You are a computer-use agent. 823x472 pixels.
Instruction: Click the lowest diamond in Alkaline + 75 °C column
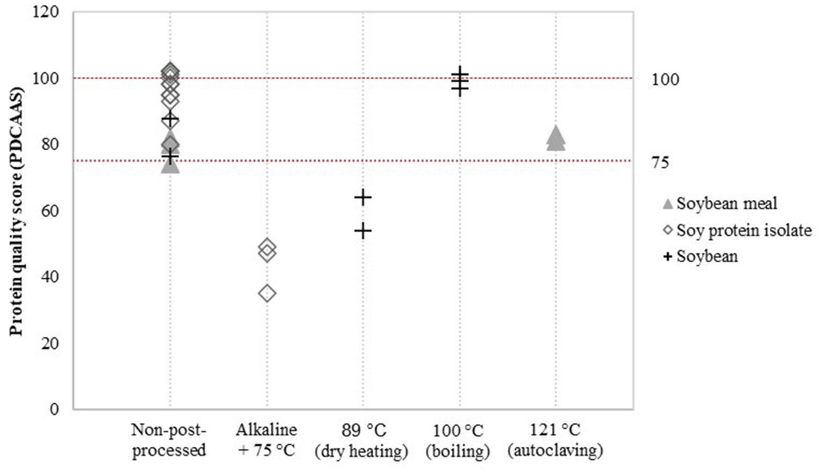point(267,293)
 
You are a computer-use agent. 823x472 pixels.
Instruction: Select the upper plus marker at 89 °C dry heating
point(363,197)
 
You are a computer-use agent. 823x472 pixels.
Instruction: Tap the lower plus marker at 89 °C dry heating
point(363,231)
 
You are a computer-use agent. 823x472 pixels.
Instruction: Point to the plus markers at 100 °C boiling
point(459,81)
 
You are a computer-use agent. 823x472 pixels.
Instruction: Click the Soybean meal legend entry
point(720,204)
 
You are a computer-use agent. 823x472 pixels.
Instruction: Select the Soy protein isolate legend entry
point(737,230)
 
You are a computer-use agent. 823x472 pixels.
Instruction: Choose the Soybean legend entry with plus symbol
point(701,256)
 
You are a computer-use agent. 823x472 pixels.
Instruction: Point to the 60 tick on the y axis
point(49,211)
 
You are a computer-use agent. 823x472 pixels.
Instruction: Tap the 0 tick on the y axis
point(54,409)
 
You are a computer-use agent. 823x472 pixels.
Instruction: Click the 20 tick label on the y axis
point(49,343)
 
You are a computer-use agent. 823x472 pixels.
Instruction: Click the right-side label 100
point(665,79)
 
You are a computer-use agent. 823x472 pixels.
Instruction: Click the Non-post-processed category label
point(169,440)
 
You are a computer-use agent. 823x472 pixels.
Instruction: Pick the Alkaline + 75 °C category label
point(266,440)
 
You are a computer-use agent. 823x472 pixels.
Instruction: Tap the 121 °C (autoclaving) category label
point(555,440)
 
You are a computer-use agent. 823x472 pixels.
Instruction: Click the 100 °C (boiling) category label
point(458,440)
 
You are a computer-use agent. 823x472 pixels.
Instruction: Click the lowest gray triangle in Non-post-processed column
point(170,165)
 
